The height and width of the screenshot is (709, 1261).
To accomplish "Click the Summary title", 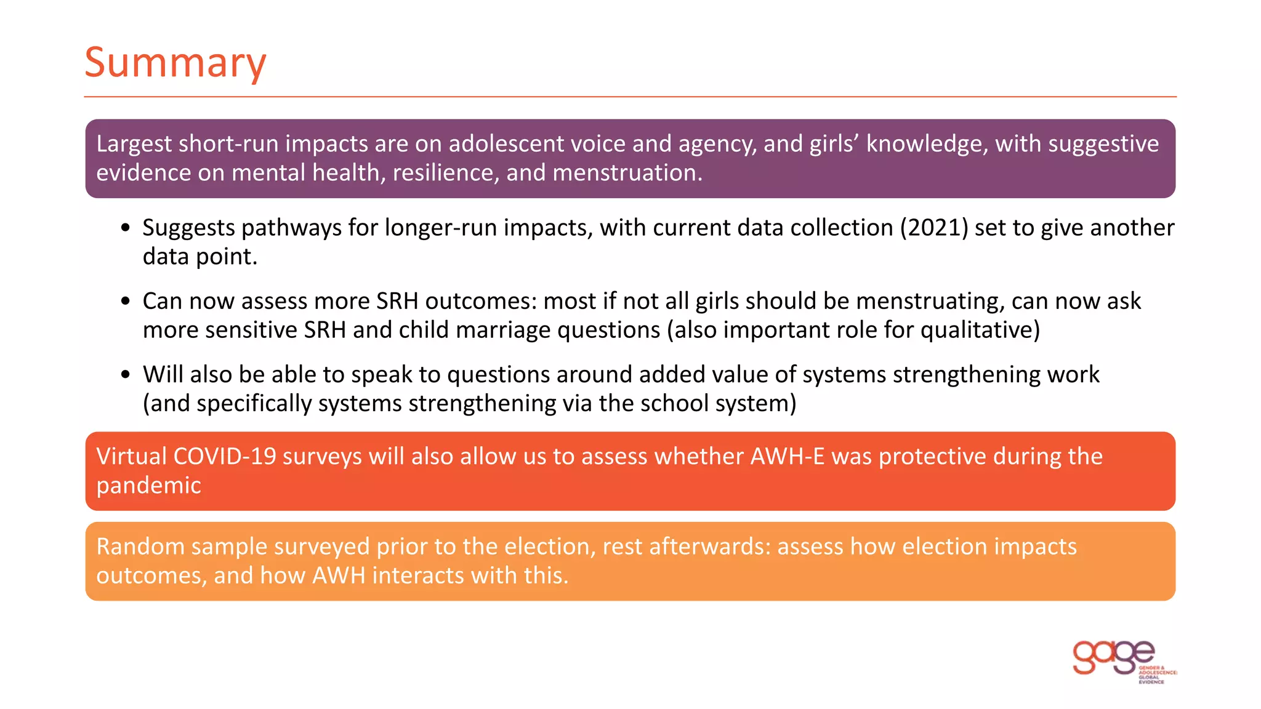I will pyautogui.click(x=175, y=63).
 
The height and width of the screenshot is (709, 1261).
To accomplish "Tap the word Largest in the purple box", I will pyautogui.click(x=134, y=144).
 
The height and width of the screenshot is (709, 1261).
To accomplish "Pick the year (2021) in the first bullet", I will pyautogui.click(x=933, y=228).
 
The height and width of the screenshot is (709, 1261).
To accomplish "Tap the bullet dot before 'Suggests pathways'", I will pyautogui.click(x=126, y=228).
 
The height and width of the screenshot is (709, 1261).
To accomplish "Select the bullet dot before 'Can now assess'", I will pyautogui.click(x=126, y=302).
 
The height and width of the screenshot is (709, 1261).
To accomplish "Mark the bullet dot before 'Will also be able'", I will pyautogui.click(x=126, y=375).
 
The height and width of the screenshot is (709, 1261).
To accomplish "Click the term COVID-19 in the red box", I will pyautogui.click(x=225, y=457).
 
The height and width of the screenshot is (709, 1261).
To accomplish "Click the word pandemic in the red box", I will pyautogui.click(x=148, y=486).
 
